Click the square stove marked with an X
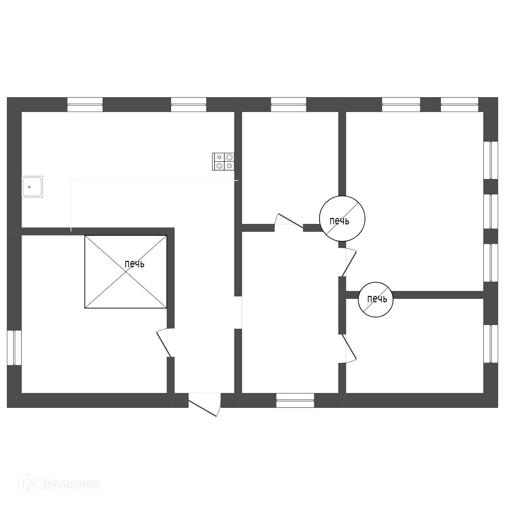[126, 272]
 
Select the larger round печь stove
[342, 219]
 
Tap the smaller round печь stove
[376, 299]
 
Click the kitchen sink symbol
[32, 187]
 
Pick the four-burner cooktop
[223, 162]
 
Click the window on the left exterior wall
[14, 347]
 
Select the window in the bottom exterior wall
[295, 400]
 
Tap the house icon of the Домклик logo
[27, 483]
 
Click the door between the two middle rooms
[289, 222]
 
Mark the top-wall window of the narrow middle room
[289, 105]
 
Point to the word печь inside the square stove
[134, 264]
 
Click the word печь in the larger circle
[339, 221]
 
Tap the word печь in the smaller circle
[377, 299]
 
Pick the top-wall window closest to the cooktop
[188, 105]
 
